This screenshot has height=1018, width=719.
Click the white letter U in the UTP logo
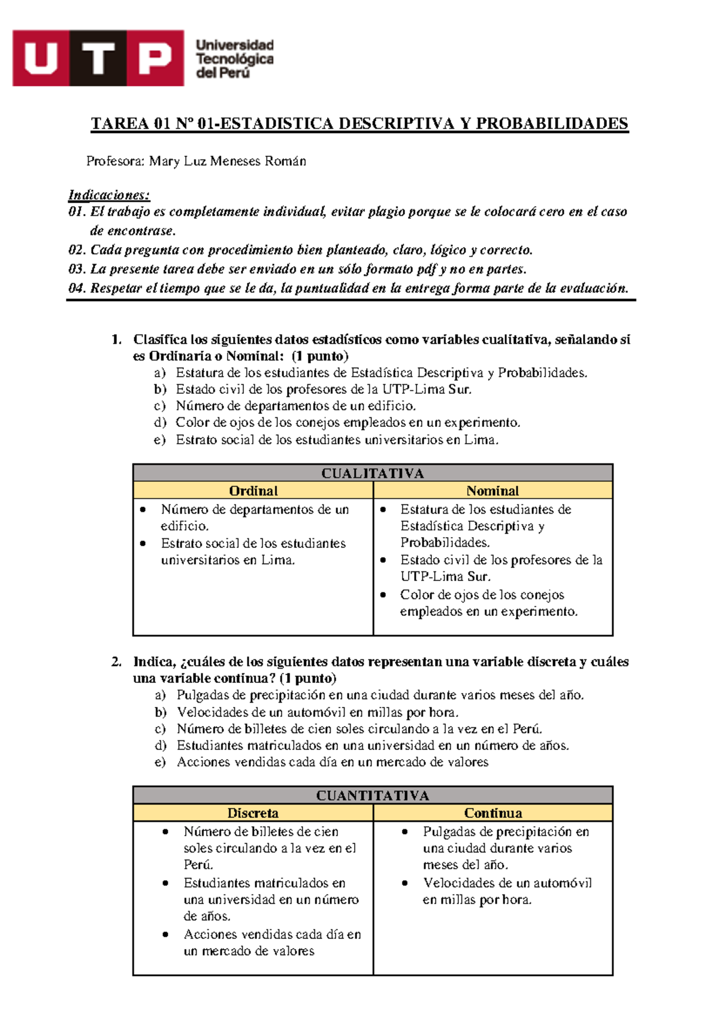point(41,59)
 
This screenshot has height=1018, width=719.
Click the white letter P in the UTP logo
point(153,59)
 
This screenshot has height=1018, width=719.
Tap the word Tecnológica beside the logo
point(234,59)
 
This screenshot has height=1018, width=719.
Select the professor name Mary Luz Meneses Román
point(228,161)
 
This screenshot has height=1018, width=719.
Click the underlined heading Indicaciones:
point(109,195)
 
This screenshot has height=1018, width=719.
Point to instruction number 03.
point(78,269)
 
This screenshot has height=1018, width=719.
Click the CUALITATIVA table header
point(372,473)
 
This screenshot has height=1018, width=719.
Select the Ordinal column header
point(253,490)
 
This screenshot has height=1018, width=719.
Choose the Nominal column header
point(493,490)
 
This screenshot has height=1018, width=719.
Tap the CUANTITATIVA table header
point(372,795)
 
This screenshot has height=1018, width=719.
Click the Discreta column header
point(253,812)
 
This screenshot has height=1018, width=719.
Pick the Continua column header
point(493,812)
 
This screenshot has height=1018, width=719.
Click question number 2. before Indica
point(117,662)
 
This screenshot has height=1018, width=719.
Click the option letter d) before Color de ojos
point(160,422)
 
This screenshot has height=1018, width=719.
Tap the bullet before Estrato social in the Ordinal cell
point(143,543)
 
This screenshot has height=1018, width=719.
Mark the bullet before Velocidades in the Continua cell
point(405,883)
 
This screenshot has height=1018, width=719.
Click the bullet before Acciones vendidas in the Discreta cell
point(165,934)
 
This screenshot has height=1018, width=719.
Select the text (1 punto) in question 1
point(320,356)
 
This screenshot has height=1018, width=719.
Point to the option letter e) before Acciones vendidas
point(160,762)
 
